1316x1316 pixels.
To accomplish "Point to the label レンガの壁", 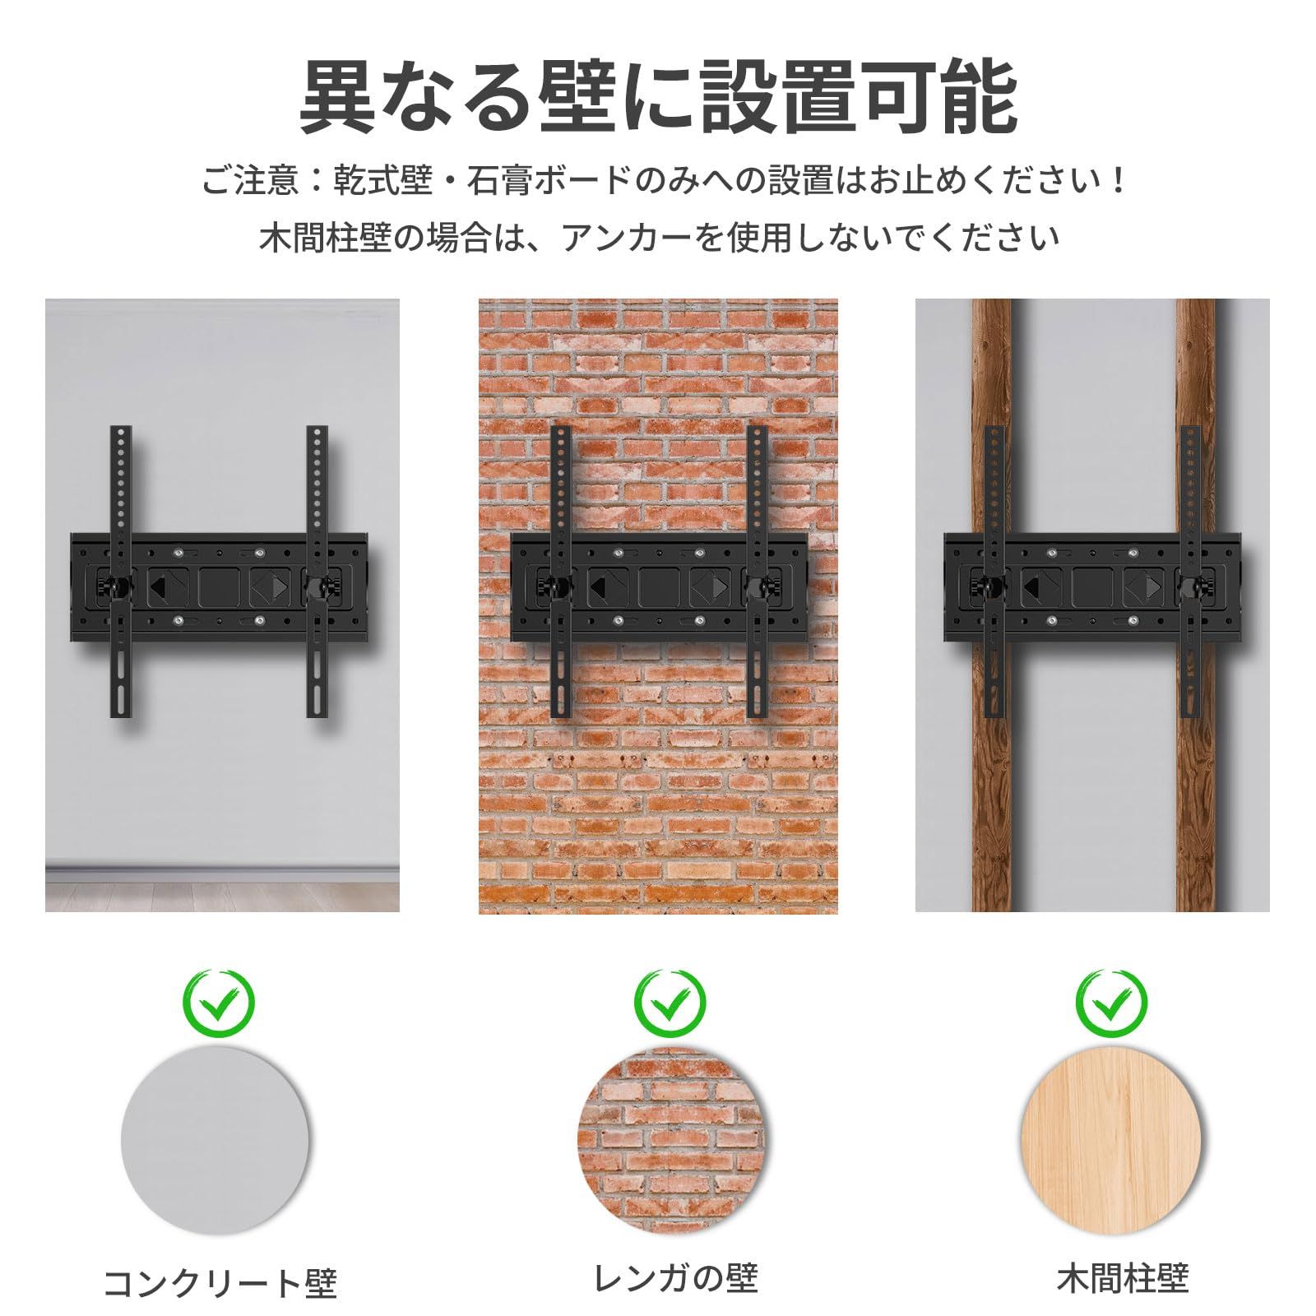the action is point(675,1277).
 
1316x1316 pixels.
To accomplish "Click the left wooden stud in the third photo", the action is point(992,605).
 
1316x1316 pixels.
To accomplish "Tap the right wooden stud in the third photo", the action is point(1197,605).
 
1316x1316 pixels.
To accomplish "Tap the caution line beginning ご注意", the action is point(665,180).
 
